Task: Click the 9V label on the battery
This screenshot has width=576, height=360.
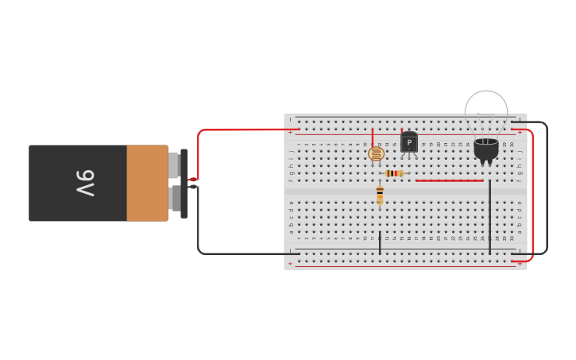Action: point(86,183)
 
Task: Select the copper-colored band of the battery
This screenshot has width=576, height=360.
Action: point(147,183)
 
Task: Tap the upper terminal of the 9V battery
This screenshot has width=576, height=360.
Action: point(173,165)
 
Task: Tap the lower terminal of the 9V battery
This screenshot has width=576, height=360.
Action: point(174,198)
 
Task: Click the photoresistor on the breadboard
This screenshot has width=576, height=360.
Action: point(376,153)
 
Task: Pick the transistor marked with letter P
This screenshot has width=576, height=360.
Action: point(409,143)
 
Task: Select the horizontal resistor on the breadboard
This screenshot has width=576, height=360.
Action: point(394,173)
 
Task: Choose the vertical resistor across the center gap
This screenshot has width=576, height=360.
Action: point(380,194)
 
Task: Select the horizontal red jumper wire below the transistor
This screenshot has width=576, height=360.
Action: point(449,180)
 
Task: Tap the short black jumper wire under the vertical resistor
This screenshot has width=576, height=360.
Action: point(380,243)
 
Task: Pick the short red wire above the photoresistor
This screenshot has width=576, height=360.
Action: point(373,137)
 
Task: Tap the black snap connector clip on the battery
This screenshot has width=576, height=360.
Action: point(184,183)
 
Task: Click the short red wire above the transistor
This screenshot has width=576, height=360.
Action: point(402,132)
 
